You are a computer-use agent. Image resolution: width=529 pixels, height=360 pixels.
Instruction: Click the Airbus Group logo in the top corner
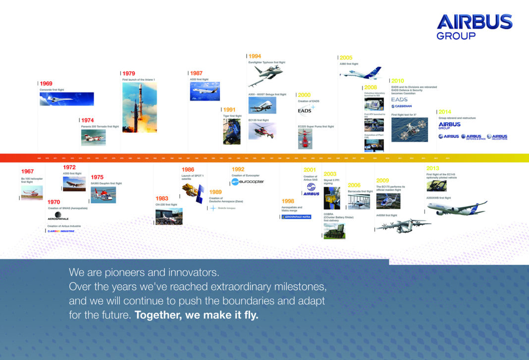474,27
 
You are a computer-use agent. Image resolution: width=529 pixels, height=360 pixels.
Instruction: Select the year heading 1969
46,84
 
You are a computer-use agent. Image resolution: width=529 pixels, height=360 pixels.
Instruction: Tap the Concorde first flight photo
66,99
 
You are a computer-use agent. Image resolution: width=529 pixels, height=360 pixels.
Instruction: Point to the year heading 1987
196,73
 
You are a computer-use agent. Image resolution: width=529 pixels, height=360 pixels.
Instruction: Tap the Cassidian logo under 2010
402,106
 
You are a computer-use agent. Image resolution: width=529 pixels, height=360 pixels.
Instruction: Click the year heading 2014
444,112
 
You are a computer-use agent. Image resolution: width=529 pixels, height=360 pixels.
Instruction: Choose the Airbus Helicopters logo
497,137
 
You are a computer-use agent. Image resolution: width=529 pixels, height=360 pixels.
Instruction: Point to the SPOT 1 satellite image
192,193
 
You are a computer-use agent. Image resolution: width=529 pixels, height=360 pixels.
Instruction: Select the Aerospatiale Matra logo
296,216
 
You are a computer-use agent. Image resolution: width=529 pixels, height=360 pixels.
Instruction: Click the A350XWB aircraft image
457,208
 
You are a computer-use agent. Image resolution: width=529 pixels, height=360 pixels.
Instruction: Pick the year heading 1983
162,198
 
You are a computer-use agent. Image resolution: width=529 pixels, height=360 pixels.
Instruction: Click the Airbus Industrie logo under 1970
61,231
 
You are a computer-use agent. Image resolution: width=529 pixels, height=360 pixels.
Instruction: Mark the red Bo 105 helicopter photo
32,192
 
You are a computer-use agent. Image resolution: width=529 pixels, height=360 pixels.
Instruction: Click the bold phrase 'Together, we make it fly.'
197,315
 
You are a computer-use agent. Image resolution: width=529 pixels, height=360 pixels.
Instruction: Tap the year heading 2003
330,174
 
